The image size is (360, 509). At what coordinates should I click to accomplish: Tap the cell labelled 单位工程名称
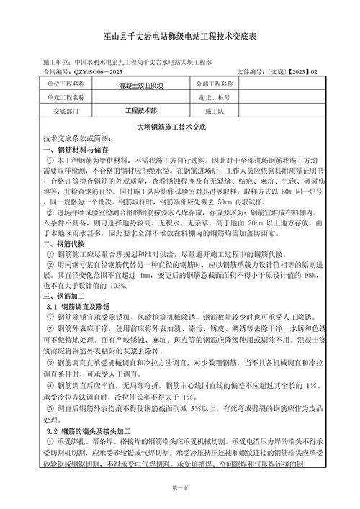tap(66, 84)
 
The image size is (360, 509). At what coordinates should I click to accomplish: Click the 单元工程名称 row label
tap(66, 97)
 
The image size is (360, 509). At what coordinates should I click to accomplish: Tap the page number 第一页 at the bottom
tap(180, 489)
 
